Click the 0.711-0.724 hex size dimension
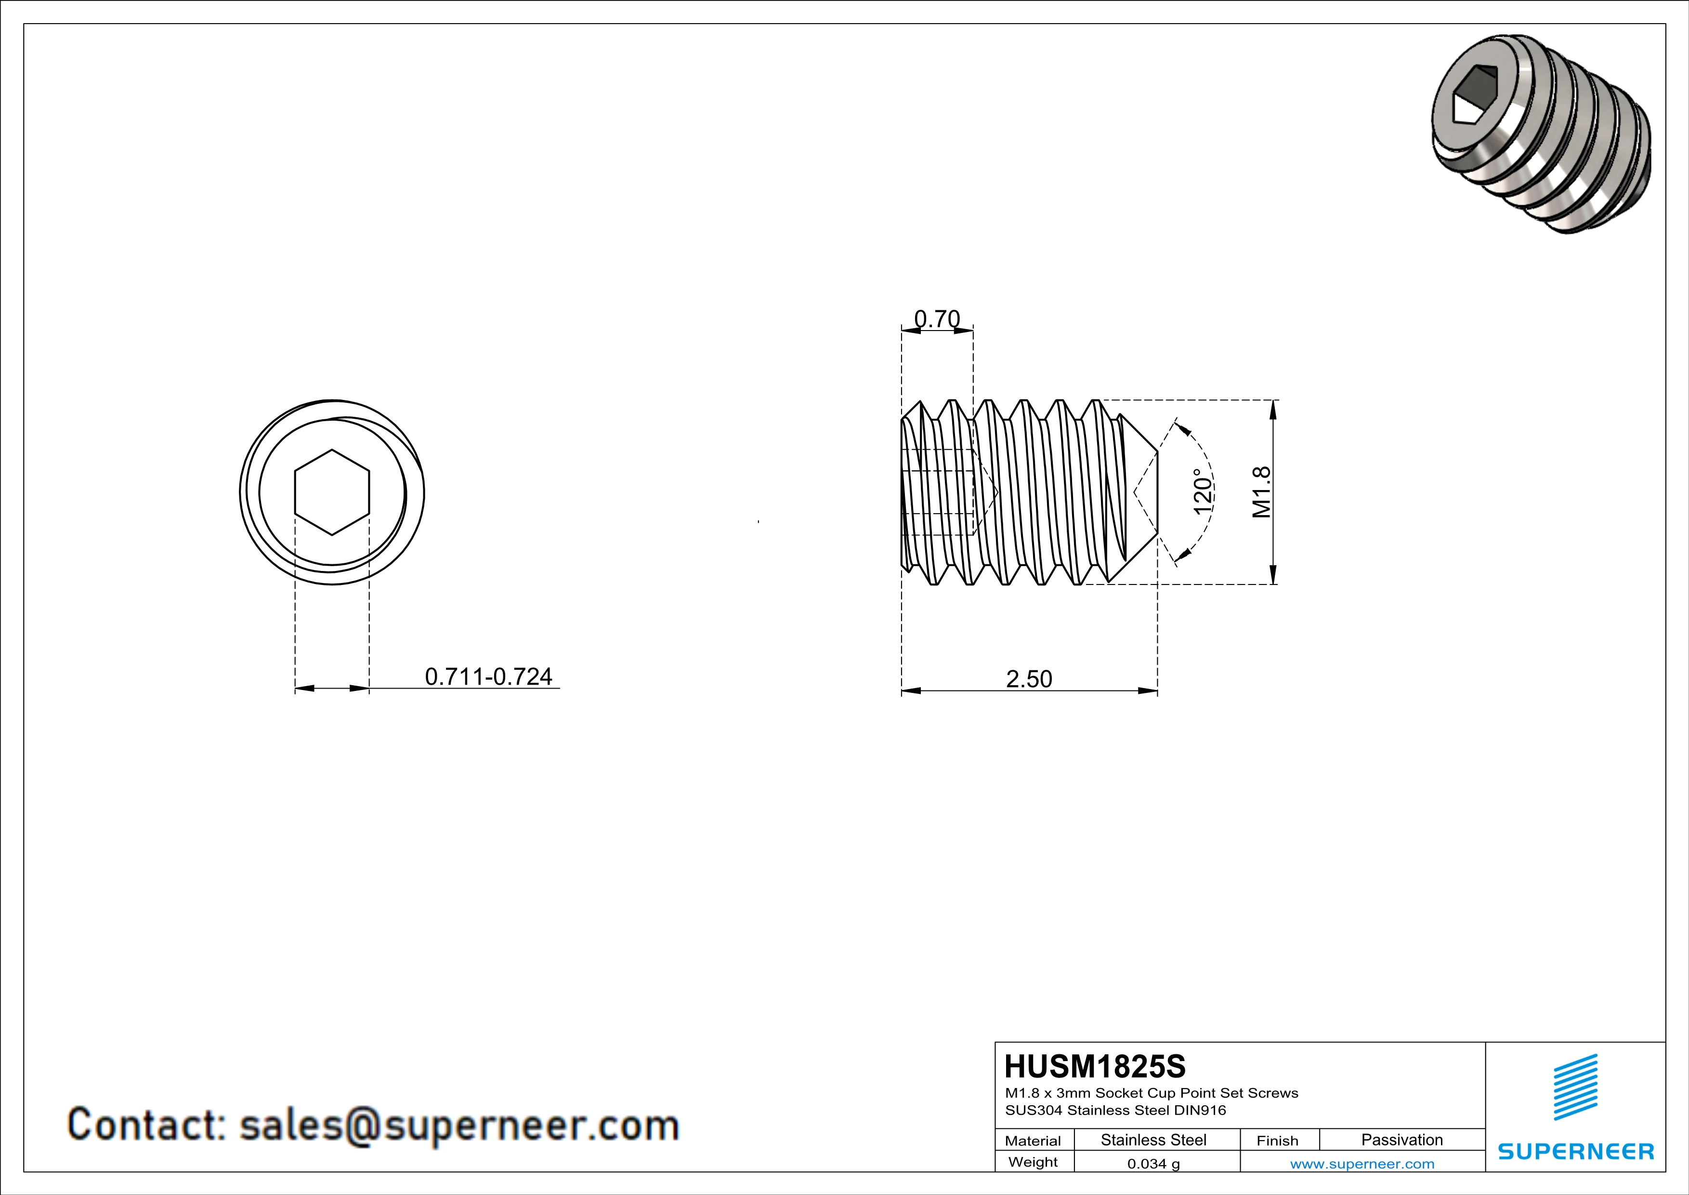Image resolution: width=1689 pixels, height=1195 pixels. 488,676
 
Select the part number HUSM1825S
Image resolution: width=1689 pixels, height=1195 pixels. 1095,1067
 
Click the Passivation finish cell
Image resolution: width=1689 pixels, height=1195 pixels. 1401,1140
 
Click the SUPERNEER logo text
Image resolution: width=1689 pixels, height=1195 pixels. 1576,1152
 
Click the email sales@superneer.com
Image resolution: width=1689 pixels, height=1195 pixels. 459,1126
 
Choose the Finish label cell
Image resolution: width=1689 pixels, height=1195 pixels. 1277,1141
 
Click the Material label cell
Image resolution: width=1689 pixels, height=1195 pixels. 1033,1141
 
